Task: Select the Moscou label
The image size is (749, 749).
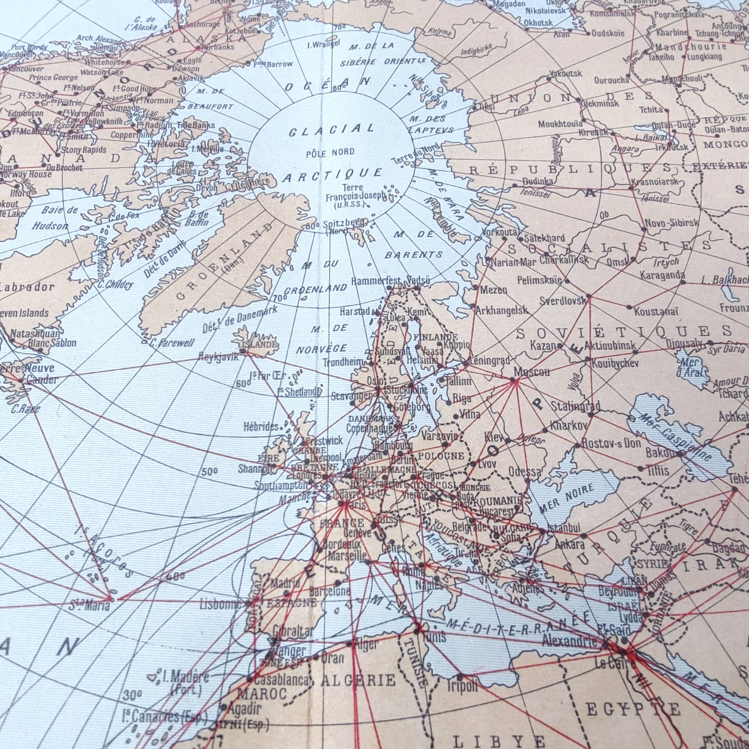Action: point(532,372)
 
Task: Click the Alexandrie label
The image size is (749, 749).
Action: point(569,641)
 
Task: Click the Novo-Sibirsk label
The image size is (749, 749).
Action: point(671,223)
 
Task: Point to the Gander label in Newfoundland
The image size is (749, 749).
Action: point(42,380)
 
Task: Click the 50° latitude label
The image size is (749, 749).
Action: point(209,472)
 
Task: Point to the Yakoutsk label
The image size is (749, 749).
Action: point(566,73)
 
